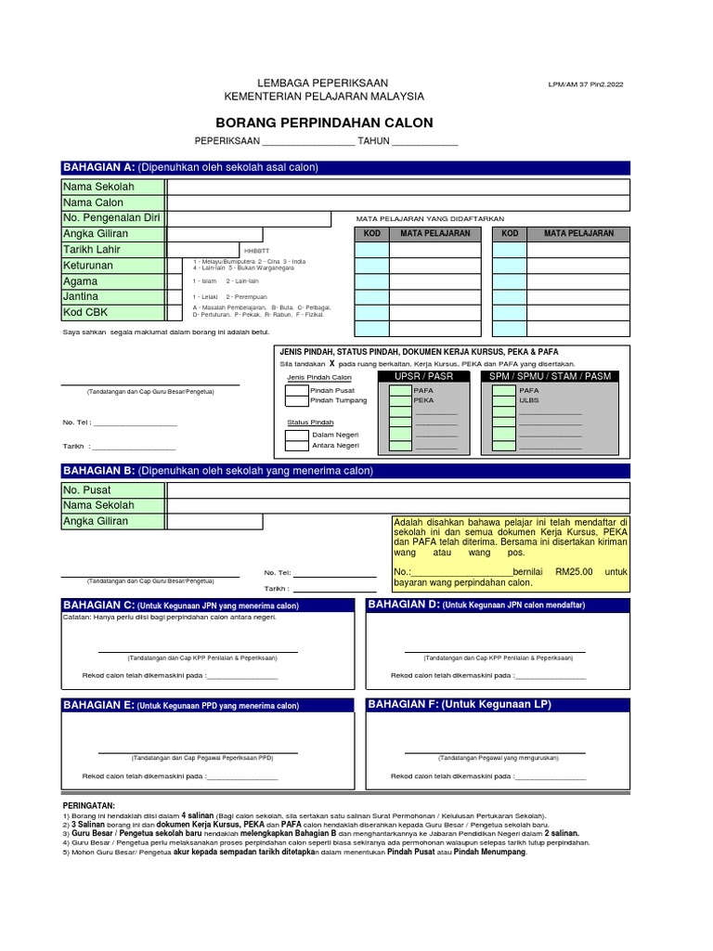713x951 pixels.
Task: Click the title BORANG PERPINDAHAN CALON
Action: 324,123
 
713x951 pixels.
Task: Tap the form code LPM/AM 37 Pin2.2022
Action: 587,85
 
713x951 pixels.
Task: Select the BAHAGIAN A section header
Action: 97,167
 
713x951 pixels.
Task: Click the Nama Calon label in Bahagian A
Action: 93,202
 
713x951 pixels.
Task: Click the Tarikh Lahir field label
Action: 91,250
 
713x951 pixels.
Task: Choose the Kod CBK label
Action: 84,313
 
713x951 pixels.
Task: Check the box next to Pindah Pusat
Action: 297,391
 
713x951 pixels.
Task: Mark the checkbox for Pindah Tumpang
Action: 297,401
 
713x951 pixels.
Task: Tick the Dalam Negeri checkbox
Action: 297,435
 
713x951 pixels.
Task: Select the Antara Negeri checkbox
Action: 297,445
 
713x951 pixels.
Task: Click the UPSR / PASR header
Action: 423,376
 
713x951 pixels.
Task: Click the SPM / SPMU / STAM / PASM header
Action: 551,376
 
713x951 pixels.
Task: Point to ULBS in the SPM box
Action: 528,401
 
